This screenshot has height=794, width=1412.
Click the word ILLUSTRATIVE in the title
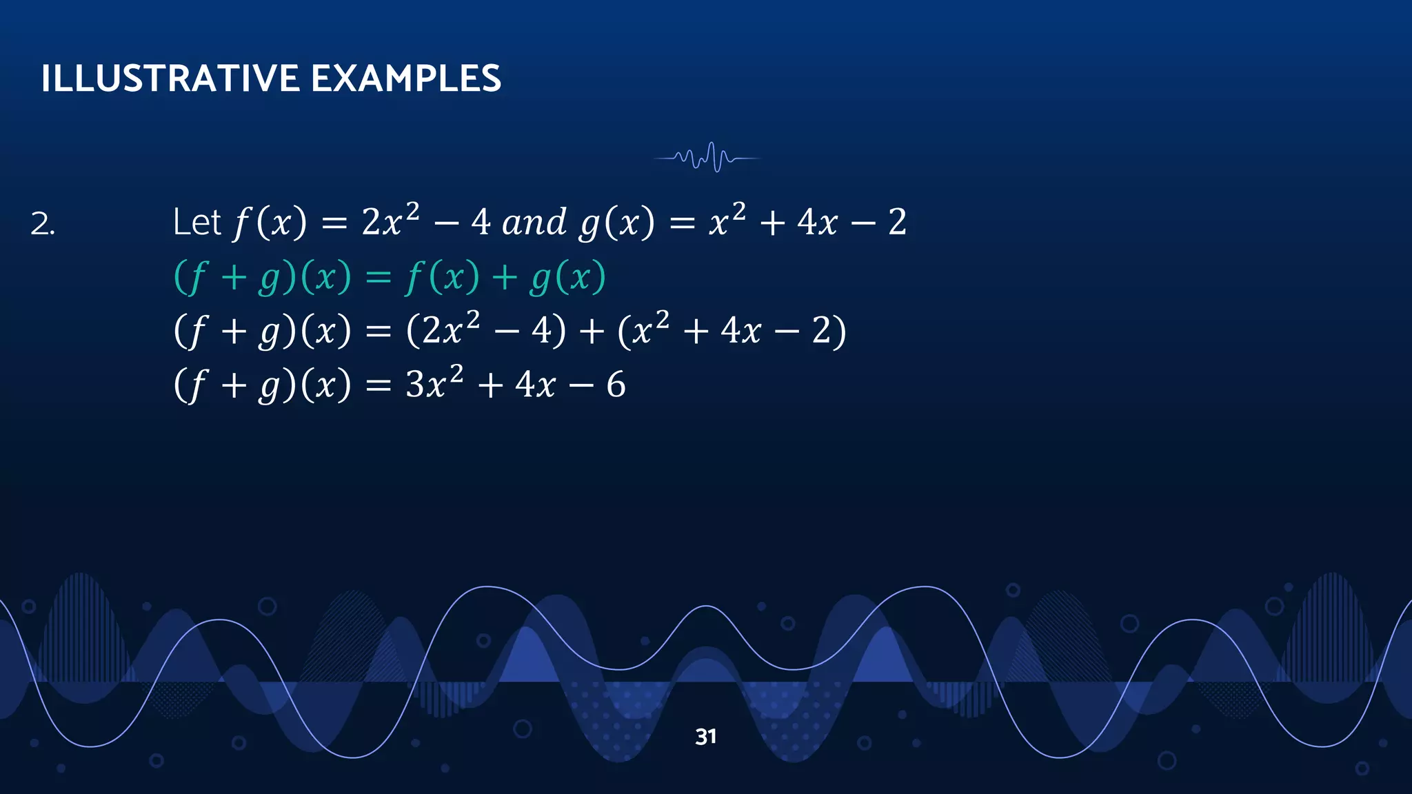pyautogui.click(x=170, y=78)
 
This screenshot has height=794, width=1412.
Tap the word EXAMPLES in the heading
pyautogui.click(x=406, y=78)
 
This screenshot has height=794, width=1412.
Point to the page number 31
pyautogui.click(x=705, y=737)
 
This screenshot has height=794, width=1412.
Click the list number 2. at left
pyautogui.click(x=42, y=225)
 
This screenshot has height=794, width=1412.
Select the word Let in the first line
pyautogui.click(x=196, y=223)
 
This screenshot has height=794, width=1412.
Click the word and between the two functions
pyautogui.click(x=534, y=223)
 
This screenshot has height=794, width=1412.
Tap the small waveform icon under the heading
pyautogui.click(x=707, y=158)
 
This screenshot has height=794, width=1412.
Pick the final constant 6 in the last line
pyautogui.click(x=616, y=385)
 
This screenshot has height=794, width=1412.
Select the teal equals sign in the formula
pyautogui.click(x=378, y=278)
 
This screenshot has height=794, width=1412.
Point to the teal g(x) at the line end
pyautogui.click(x=567, y=278)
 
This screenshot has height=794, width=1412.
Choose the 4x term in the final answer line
pyautogui.click(x=535, y=385)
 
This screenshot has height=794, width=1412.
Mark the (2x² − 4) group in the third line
pyautogui.click(x=486, y=330)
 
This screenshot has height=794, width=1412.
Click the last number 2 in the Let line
pyautogui.click(x=897, y=223)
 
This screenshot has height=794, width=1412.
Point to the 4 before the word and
pyautogui.click(x=481, y=223)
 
